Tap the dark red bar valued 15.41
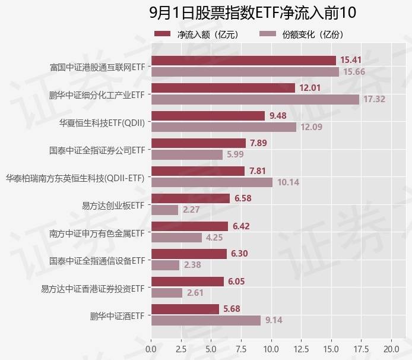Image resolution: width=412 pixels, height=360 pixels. pos(243,60)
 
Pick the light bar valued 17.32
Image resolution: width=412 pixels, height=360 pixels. pos(255,99)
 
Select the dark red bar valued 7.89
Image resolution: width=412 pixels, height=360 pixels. pos(198,143)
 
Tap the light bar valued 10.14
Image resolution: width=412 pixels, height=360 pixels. pos(211,182)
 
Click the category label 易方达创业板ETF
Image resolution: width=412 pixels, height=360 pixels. pos(113,205)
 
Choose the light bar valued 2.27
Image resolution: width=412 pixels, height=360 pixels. pos(164,210)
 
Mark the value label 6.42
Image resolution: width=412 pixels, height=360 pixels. pos(242,226)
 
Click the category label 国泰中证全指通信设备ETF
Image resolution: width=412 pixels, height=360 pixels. pos(97,260)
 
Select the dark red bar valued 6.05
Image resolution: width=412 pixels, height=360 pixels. pos(188,282)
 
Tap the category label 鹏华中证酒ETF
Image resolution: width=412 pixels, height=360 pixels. pos(118,315)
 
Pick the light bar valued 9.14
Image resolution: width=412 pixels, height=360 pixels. pos(205,321)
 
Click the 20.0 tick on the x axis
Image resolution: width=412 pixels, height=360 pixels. pos(391,348)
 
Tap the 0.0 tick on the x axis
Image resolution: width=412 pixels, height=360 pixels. pos(151,348)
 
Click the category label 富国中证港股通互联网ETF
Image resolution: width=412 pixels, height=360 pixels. pos(97,66)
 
